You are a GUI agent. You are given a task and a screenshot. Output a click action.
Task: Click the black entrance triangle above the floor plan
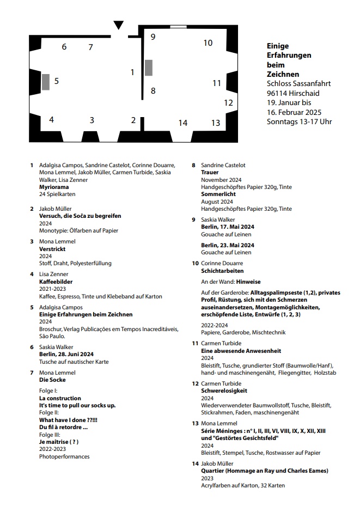click(x=118, y=25)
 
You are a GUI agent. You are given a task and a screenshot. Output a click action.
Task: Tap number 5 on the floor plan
click(x=56, y=81)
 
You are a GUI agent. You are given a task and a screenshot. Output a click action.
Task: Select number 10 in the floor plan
click(x=208, y=43)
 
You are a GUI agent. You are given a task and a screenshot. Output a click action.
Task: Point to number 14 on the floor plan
click(x=182, y=123)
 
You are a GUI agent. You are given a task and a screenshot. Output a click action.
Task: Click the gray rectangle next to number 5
click(x=46, y=82)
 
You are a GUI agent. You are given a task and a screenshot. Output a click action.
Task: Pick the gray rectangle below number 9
click(x=149, y=68)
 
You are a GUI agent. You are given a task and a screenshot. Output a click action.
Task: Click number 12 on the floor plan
click(x=228, y=102)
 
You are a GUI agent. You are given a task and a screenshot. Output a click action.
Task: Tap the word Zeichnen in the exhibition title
click(x=283, y=74)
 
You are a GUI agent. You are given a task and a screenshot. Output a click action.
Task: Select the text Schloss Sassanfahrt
click(x=298, y=84)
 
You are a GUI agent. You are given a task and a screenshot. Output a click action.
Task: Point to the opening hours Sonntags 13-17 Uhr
click(x=299, y=121)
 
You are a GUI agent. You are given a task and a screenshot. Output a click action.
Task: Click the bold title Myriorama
click(x=53, y=187)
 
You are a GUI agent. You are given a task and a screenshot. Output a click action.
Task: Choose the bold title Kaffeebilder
click(x=56, y=282)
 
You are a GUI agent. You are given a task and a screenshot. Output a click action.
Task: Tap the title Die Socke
click(x=53, y=380)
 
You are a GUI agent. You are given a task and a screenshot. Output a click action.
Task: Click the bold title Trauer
click(x=210, y=172)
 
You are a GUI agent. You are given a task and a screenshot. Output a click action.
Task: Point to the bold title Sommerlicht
click(x=218, y=194)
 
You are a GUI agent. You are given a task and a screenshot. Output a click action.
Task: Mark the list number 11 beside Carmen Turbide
click(x=194, y=343)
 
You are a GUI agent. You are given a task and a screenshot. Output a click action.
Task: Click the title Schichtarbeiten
click(x=222, y=271)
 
